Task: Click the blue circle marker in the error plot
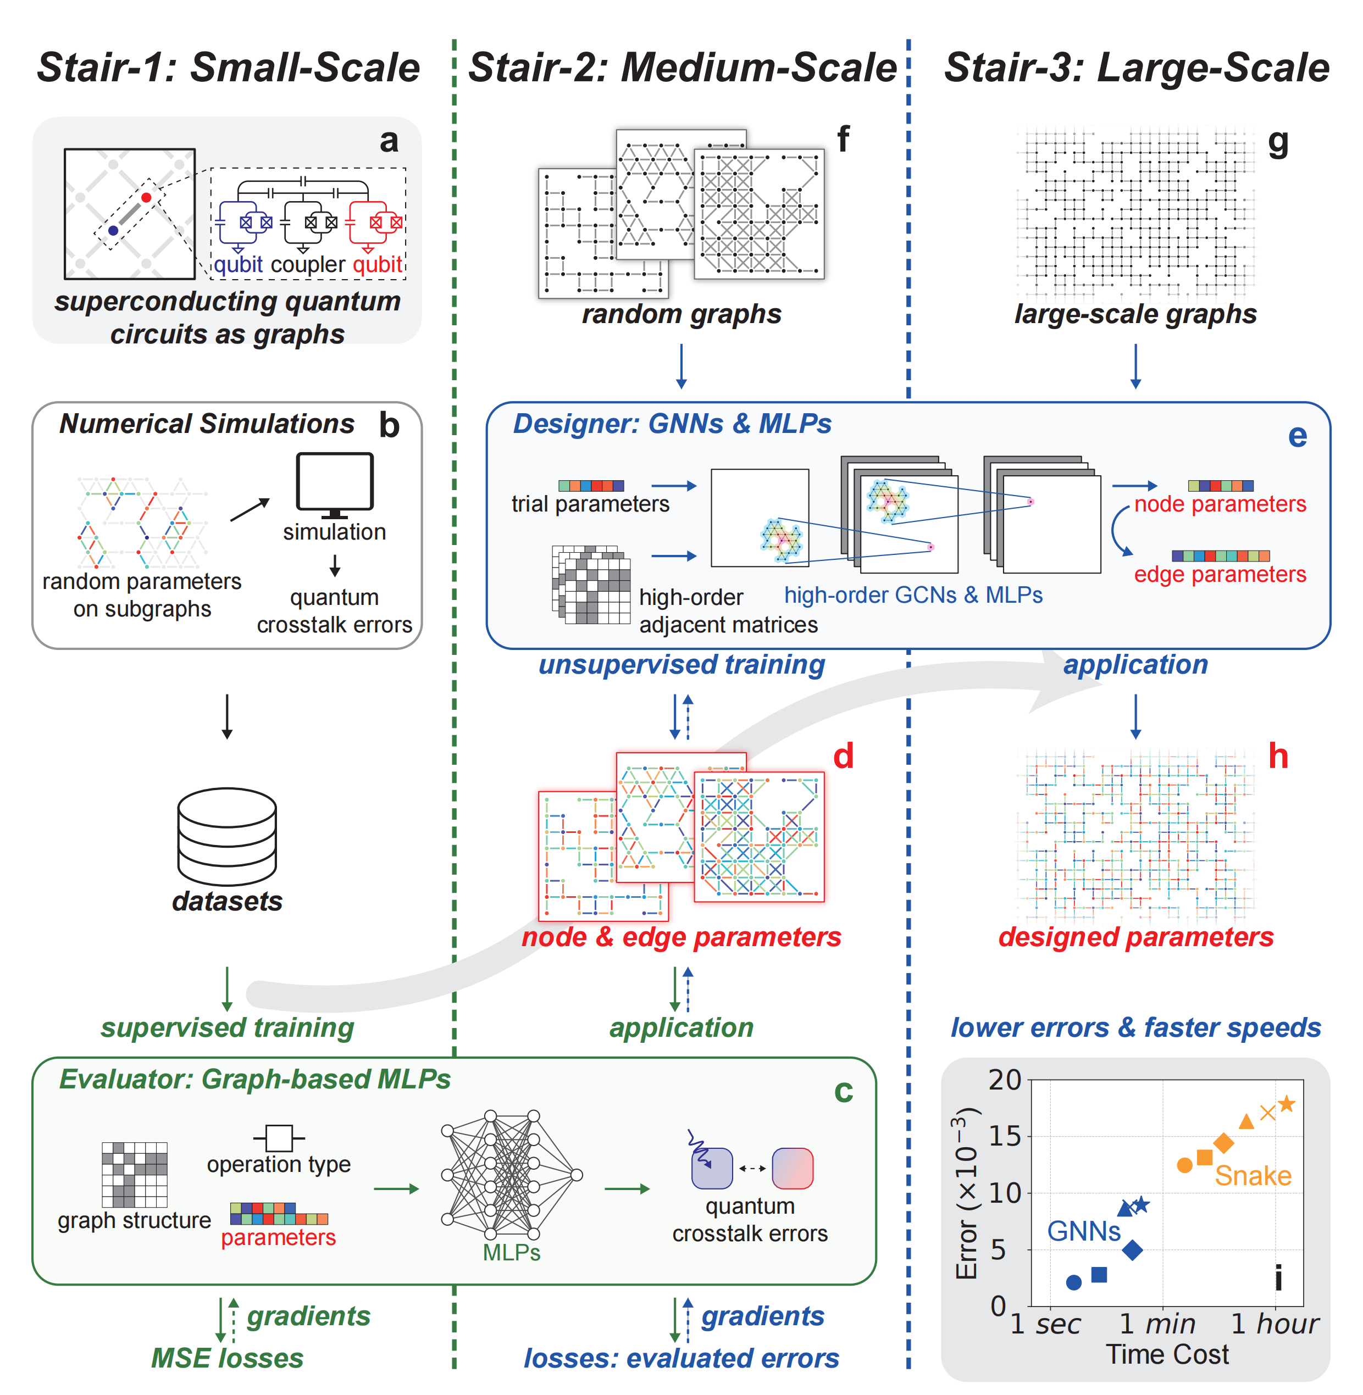point(1073,1282)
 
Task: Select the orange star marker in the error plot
point(1287,1104)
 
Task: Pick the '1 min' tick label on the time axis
point(1157,1324)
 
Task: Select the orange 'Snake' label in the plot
point(1253,1176)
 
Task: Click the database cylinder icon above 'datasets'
point(227,836)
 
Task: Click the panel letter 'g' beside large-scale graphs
point(1278,141)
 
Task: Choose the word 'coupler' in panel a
point(308,264)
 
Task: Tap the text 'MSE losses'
point(227,1358)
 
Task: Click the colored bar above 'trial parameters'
point(591,485)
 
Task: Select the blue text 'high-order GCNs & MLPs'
point(913,595)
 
